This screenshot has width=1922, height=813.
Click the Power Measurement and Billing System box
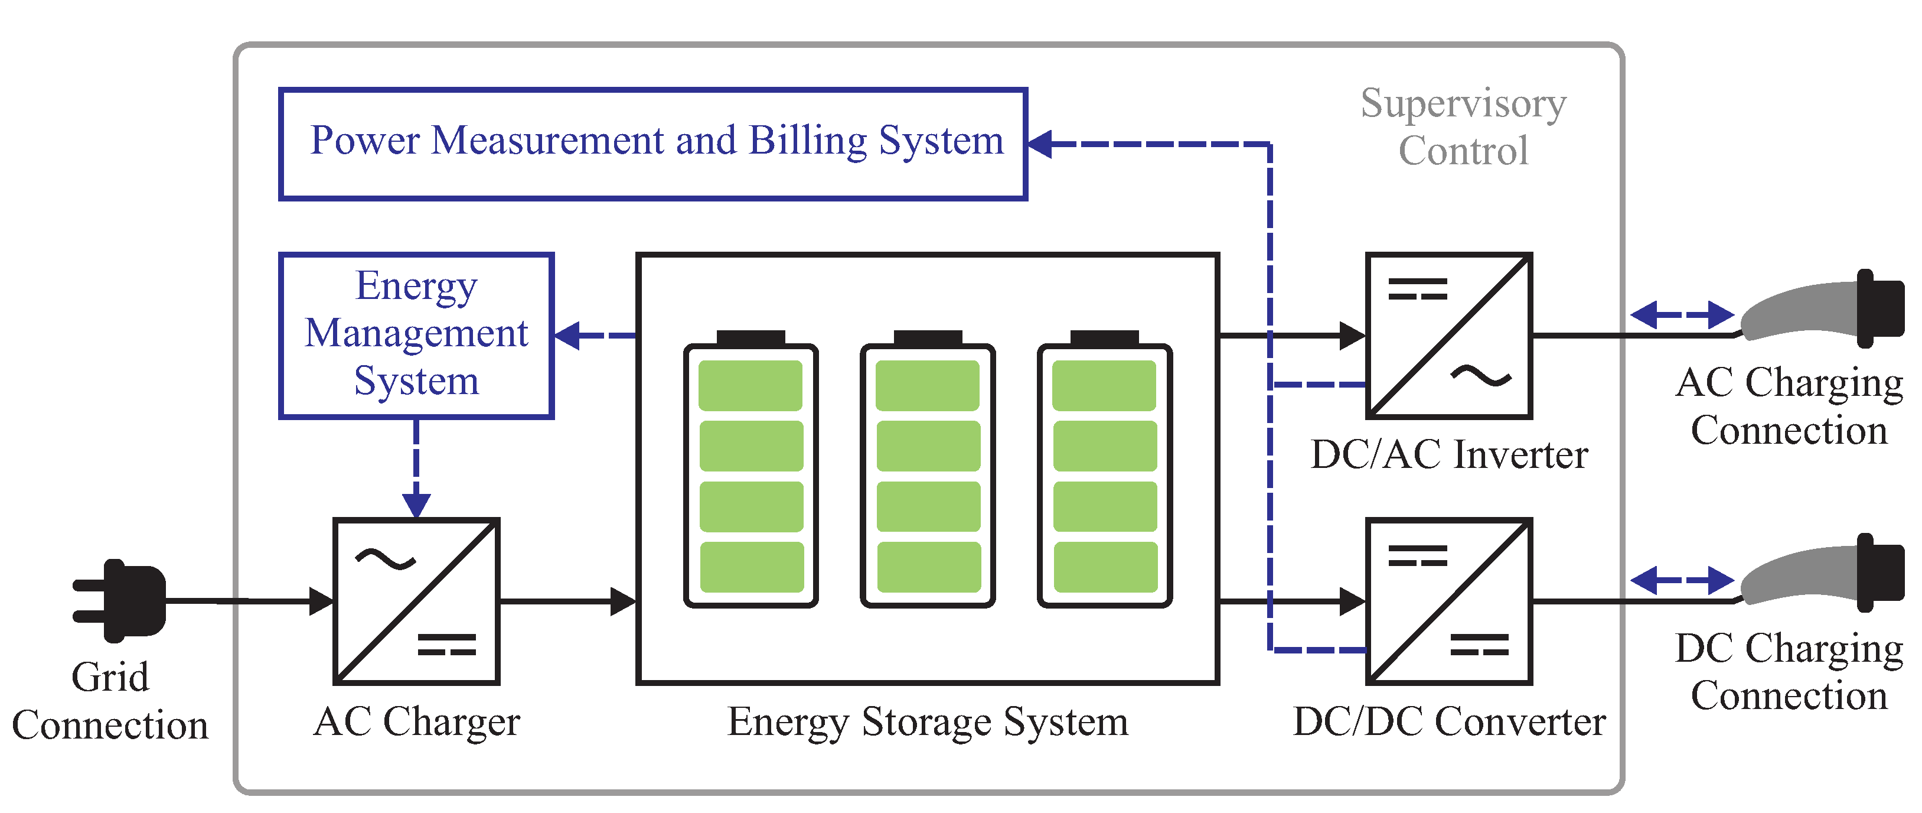[x=653, y=144]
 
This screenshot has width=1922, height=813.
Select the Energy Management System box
[x=416, y=335]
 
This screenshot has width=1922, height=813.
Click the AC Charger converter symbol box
[x=416, y=601]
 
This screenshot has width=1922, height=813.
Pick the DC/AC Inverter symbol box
[x=1448, y=336]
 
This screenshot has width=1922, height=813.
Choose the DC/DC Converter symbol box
[x=1448, y=601]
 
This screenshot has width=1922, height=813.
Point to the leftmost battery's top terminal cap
[x=750, y=337]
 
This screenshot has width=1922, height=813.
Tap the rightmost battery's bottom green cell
[x=1105, y=567]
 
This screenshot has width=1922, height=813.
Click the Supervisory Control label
[x=1463, y=127]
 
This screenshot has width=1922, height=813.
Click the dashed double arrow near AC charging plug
[x=1682, y=314]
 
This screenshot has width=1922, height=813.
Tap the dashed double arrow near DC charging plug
[x=1682, y=580]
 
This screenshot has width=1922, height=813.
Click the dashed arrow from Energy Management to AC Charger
[x=416, y=467]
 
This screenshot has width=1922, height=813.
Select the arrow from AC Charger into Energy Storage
[x=567, y=601]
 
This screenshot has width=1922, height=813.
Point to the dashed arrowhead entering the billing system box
[x=1041, y=144]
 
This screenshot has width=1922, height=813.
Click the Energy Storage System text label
[x=928, y=722]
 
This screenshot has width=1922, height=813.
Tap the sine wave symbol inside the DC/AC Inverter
[x=1481, y=376]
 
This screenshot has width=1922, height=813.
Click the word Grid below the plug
[x=110, y=677]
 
